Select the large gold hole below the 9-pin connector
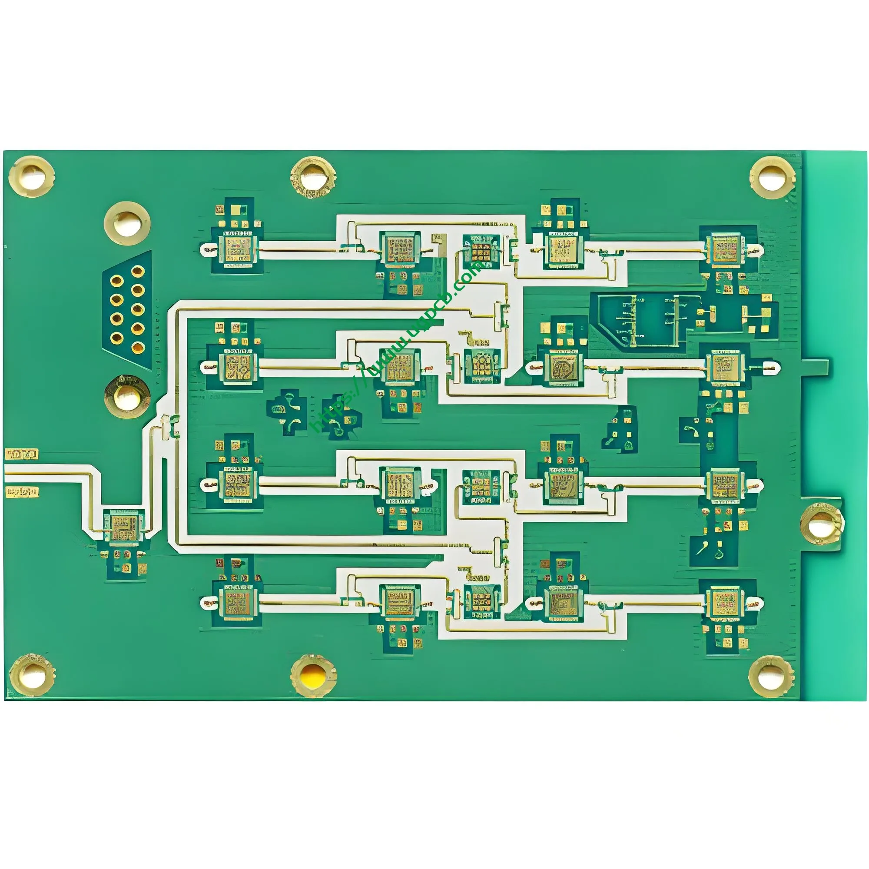point(127,395)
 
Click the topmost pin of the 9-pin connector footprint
point(138,271)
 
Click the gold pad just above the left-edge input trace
point(22,454)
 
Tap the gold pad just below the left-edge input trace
point(22,492)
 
